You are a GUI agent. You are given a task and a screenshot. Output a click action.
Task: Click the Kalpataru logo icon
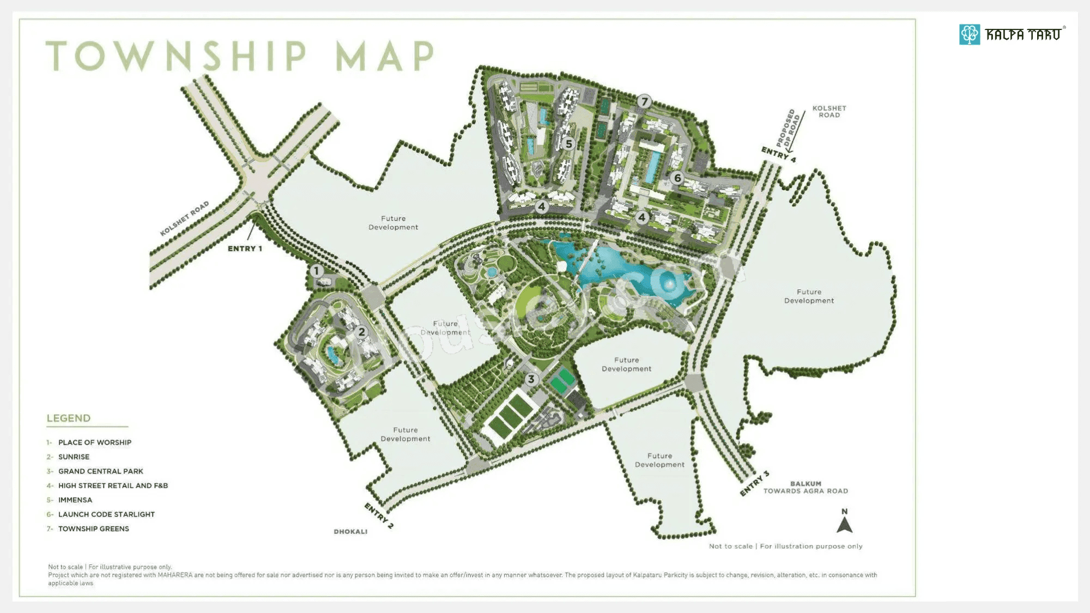pyautogui.click(x=970, y=34)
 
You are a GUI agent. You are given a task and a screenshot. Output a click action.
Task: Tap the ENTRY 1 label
pyautogui.click(x=245, y=248)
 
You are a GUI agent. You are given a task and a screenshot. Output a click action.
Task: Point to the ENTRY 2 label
pyautogui.click(x=379, y=515)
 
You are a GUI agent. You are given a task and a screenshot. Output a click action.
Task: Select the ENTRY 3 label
pyautogui.click(x=754, y=483)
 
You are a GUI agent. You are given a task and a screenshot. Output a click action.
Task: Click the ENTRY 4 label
pyautogui.click(x=778, y=154)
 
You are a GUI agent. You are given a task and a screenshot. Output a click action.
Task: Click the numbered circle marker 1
pyautogui.click(x=317, y=271)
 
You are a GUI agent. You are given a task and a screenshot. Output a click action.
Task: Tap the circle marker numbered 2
pyautogui.click(x=361, y=332)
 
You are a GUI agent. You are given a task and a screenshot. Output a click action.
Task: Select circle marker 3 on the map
pyautogui.click(x=531, y=379)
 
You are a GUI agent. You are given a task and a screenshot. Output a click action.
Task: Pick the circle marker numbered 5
pyautogui.click(x=569, y=144)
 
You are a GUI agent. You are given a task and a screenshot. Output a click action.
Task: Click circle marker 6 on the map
pyautogui.click(x=677, y=178)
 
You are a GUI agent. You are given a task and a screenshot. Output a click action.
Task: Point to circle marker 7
pyautogui.click(x=644, y=101)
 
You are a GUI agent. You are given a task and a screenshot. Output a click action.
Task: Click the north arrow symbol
pyautogui.click(x=844, y=525)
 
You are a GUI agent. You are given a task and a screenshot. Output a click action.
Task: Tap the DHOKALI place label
pyautogui.click(x=350, y=532)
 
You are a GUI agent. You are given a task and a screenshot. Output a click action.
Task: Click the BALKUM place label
pyautogui.click(x=806, y=484)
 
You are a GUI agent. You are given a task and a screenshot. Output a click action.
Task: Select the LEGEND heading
pyautogui.click(x=69, y=418)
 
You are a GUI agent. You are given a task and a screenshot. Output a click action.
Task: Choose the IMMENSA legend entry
pyautogui.click(x=75, y=500)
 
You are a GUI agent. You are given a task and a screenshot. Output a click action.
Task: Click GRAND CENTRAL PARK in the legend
pyautogui.click(x=101, y=471)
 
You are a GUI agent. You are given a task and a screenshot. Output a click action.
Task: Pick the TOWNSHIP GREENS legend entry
pyautogui.click(x=94, y=529)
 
